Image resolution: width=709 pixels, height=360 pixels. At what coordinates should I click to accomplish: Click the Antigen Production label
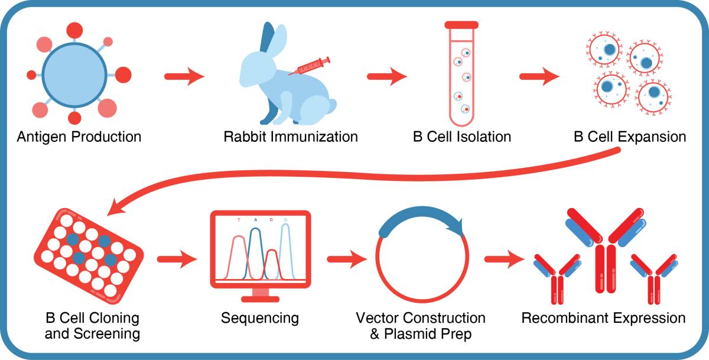point(79,137)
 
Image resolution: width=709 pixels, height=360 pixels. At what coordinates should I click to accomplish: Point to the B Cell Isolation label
point(462,137)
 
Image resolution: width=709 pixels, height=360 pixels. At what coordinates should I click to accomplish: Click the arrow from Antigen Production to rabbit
point(184,77)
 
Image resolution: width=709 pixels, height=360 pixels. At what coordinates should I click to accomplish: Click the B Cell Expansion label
point(629,137)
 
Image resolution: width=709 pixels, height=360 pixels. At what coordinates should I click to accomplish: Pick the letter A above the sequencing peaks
point(256,220)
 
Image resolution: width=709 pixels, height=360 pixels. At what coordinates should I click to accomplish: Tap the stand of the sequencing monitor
point(260,294)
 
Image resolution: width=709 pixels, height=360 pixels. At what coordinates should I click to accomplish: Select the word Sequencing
point(260,318)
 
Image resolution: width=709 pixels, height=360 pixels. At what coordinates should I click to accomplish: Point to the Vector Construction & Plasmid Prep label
point(420,326)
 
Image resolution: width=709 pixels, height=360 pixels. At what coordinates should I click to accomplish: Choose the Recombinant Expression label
point(603,318)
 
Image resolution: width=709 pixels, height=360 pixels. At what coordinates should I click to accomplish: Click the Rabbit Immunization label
point(291,137)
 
